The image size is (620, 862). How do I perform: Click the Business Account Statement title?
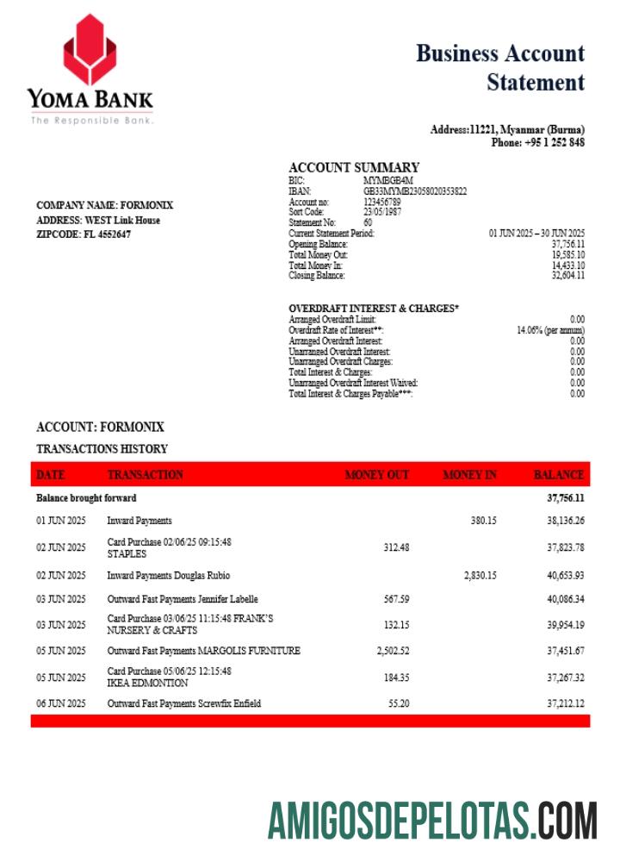[500, 67]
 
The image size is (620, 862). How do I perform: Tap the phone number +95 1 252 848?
[538, 142]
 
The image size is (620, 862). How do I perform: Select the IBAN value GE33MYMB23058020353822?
[415, 191]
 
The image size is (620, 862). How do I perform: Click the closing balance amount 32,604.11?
[567, 276]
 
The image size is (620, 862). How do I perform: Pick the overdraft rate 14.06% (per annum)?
[551, 330]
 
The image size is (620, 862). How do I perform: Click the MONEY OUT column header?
[377, 475]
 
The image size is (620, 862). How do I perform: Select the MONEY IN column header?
[469, 475]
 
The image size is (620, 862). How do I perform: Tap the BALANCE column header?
[559, 475]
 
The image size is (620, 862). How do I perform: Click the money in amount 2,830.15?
[480, 575]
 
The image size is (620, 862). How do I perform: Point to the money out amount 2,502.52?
[393, 651]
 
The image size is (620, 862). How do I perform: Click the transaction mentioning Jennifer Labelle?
[183, 599]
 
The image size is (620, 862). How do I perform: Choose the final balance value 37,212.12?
[566, 704]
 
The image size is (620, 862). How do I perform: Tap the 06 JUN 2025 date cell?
[60, 704]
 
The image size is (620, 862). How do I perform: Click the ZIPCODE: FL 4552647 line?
[84, 234]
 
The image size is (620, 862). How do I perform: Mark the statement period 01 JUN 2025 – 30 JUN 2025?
[536, 234]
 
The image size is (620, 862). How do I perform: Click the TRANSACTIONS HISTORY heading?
[102, 449]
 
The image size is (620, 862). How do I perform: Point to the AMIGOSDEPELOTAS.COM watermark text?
[432, 820]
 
